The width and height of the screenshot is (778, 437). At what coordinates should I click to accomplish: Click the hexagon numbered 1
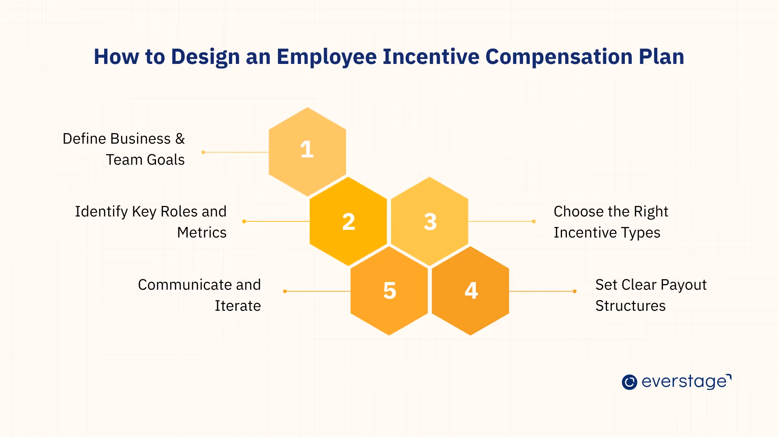307,151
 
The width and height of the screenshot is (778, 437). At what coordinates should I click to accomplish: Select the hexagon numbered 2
348,221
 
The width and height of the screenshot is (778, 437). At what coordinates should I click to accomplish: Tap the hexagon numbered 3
430,221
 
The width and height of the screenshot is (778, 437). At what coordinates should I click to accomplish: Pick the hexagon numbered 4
470,291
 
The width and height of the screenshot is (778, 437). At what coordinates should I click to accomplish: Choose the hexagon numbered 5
389,291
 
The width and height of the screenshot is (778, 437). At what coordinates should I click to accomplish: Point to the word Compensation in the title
559,57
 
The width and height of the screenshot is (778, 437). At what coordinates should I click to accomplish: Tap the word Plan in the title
661,57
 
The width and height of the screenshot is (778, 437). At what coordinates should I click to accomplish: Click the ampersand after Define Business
180,139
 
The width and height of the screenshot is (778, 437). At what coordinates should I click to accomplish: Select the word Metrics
202,233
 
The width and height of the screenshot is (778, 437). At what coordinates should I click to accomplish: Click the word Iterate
237,306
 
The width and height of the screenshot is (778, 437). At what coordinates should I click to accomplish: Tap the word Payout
684,285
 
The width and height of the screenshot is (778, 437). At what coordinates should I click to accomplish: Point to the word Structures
630,306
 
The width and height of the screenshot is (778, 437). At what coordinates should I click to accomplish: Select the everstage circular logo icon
629,382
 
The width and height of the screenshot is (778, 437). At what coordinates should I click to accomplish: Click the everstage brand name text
685,382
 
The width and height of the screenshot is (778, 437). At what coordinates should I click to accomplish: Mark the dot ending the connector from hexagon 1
203,152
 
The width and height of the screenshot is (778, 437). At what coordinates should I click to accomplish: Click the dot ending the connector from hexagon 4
575,291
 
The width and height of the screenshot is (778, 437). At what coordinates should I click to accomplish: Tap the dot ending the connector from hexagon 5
285,291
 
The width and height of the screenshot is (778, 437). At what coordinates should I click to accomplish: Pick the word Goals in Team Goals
166,160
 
